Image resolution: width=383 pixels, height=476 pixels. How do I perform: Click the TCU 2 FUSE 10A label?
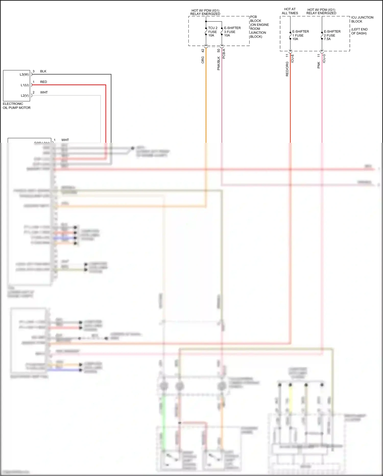[x=212, y=32]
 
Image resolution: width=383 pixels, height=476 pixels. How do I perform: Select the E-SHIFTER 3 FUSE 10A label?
[x=232, y=32]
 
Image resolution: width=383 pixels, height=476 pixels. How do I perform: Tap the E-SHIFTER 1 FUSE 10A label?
[x=300, y=35]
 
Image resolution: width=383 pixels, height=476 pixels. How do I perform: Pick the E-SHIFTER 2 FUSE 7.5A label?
[x=332, y=35]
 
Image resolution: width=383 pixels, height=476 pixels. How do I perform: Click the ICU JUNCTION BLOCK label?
[x=362, y=19]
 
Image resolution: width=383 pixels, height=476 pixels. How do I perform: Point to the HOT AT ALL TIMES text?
[x=290, y=11]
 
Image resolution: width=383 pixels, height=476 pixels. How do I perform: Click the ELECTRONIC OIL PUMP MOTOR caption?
[x=17, y=106]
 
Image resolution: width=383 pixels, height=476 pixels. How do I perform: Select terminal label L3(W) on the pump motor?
[x=24, y=74]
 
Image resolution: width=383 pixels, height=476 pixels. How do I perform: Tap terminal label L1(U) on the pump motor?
[x=25, y=85]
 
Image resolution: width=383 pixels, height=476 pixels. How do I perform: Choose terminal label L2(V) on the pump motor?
[x=25, y=96]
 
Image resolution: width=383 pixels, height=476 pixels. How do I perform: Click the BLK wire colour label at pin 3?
[x=43, y=71]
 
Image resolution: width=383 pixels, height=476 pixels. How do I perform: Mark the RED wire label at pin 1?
[x=43, y=82]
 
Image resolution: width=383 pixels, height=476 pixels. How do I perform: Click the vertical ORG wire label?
[x=203, y=60]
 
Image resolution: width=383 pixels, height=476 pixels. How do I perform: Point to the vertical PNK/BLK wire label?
[x=219, y=63]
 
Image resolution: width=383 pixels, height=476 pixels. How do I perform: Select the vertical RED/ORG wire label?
[x=287, y=69]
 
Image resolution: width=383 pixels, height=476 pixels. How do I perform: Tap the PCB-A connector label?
[x=224, y=54]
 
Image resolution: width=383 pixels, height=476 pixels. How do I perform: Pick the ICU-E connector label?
[x=293, y=59]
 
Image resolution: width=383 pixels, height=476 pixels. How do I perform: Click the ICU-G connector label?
[x=324, y=59]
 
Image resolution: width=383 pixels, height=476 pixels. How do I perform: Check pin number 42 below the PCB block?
[x=203, y=51]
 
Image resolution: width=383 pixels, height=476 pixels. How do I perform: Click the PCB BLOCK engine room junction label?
[x=259, y=27]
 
